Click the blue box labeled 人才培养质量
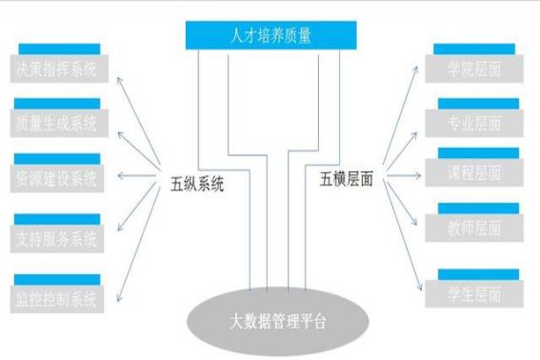pos(271,36)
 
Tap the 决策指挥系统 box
pos(57,68)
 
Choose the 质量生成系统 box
pos(57,123)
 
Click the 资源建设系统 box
pos(57,178)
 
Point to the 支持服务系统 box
pos(57,238)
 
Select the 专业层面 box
pos(476,122)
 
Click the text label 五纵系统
pos(197,184)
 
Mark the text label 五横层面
pos(346,178)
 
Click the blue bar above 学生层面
pos(477,274)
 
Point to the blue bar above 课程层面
pos(477,152)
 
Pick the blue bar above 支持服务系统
pos(57,218)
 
